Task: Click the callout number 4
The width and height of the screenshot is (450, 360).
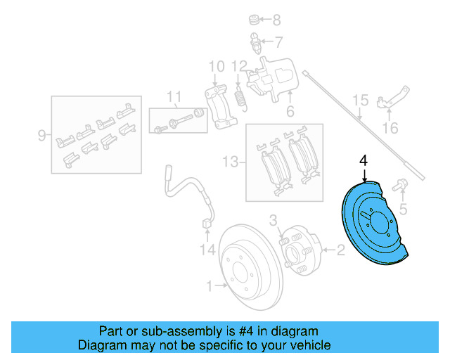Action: coord(364,160)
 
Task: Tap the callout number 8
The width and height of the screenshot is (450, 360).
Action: coord(276,20)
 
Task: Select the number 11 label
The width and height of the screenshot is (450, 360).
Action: coord(174,96)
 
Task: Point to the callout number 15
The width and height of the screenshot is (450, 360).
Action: coord(360,101)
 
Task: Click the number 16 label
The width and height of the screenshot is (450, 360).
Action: coord(390,128)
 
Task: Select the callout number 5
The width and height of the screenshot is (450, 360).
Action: coord(403,209)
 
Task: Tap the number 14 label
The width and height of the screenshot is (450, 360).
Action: coord(205,249)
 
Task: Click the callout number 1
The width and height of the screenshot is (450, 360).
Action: coord(209,285)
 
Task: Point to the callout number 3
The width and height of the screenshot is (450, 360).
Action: coord(274,220)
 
